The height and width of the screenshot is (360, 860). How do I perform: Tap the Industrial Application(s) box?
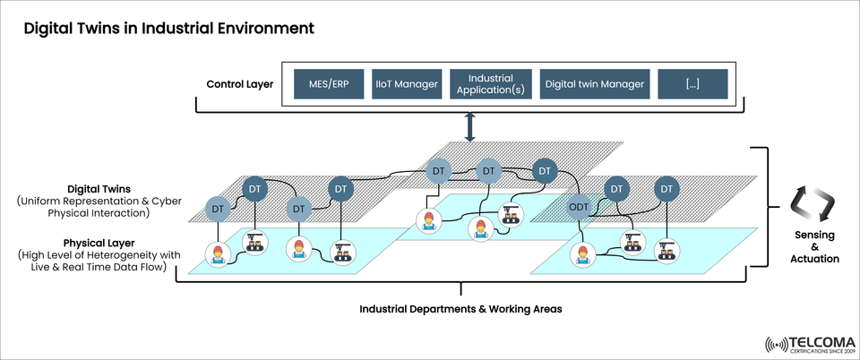(x=490, y=84)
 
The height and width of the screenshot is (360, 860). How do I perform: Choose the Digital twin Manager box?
(x=594, y=84)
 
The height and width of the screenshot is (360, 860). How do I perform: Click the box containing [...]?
(x=692, y=84)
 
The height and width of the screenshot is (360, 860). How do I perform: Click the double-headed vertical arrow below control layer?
(x=470, y=128)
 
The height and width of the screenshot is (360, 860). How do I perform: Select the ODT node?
(x=580, y=208)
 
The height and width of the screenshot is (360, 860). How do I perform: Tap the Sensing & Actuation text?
(x=815, y=246)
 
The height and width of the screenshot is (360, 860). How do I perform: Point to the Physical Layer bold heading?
(x=99, y=243)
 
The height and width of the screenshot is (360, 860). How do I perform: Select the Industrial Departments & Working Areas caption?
(x=460, y=309)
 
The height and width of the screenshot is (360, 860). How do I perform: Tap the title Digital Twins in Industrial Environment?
(x=168, y=29)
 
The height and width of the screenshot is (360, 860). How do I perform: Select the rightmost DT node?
(x=666, y=189)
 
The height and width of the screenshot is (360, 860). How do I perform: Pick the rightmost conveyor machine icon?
(x=666, y=251)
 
